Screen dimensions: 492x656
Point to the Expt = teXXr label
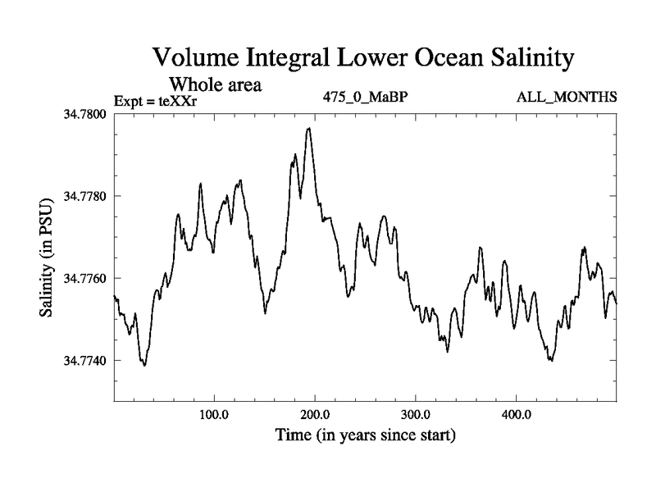point(155,101)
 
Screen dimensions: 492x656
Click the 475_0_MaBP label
point(367,98)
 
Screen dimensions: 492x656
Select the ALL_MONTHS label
point(567,98)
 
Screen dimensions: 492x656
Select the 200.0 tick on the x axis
point(315,413)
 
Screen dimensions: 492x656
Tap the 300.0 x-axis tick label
point(416,413)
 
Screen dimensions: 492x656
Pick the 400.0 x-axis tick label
point(517,413)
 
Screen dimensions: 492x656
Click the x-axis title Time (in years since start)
point(366,434)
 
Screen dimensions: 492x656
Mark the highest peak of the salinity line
point(309,128)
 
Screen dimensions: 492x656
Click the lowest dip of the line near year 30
point(144,365)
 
